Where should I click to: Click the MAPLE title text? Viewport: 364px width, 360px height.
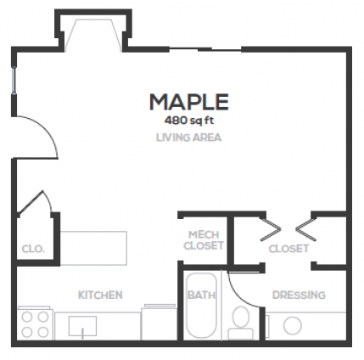point(189,103)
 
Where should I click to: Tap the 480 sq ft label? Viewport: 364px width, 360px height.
point(189,120)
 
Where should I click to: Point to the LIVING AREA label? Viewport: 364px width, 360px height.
point(189,136)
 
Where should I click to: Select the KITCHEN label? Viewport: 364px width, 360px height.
point(100,295)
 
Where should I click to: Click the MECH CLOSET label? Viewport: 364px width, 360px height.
point(204,240)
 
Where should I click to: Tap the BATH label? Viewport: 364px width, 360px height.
point(200,295)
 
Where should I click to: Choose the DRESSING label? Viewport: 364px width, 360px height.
point(298,295)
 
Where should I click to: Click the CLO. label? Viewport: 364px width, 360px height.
point(32,250)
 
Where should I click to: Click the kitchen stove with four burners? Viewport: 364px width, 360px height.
point(35,323)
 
